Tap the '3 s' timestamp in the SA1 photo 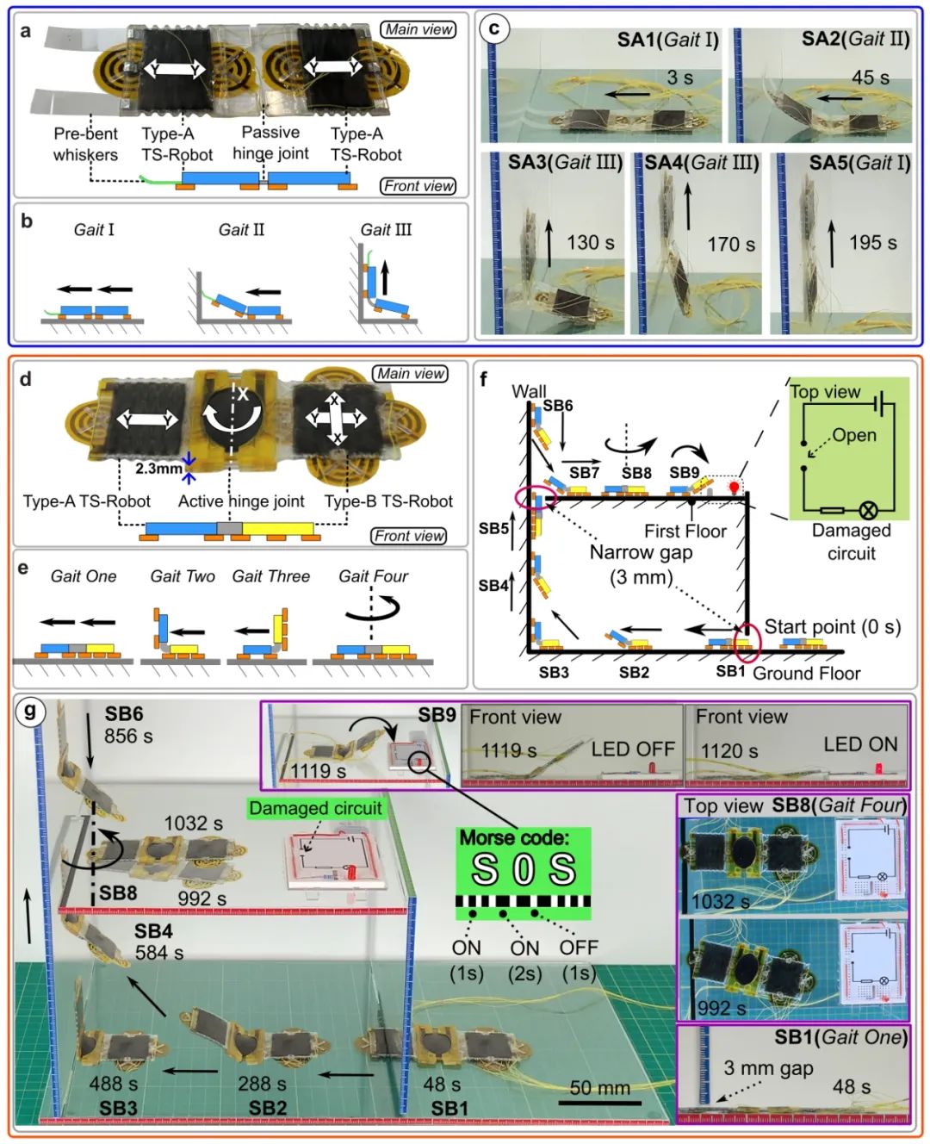679,77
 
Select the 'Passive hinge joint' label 270,142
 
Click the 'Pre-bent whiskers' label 85,144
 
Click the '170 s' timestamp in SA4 731,245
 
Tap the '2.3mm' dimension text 158,469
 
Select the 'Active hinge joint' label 241,501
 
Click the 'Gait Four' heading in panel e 373,575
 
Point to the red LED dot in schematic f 734,486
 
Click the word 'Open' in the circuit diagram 853,435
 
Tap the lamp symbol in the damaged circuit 868,510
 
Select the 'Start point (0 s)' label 833,627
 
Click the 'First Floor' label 685,532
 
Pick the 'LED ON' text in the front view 861,744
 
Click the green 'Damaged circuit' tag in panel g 315,808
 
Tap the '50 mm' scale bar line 600,1104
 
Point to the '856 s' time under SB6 128,736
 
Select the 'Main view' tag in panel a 418,29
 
